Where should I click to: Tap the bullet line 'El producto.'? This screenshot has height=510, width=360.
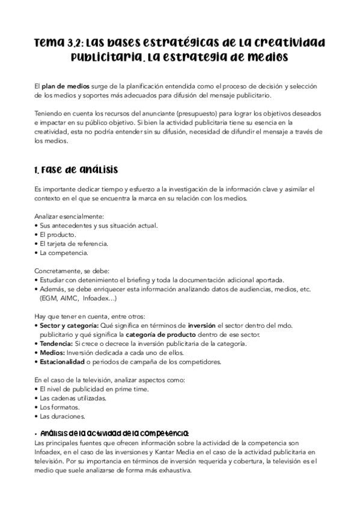(x=55, y=234)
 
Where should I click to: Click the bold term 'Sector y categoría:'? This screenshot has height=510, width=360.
(x=66, y=325)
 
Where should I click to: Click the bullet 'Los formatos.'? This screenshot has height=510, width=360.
(x=58, y=407)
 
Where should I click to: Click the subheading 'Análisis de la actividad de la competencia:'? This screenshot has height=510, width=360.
(x=114, y=433)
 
